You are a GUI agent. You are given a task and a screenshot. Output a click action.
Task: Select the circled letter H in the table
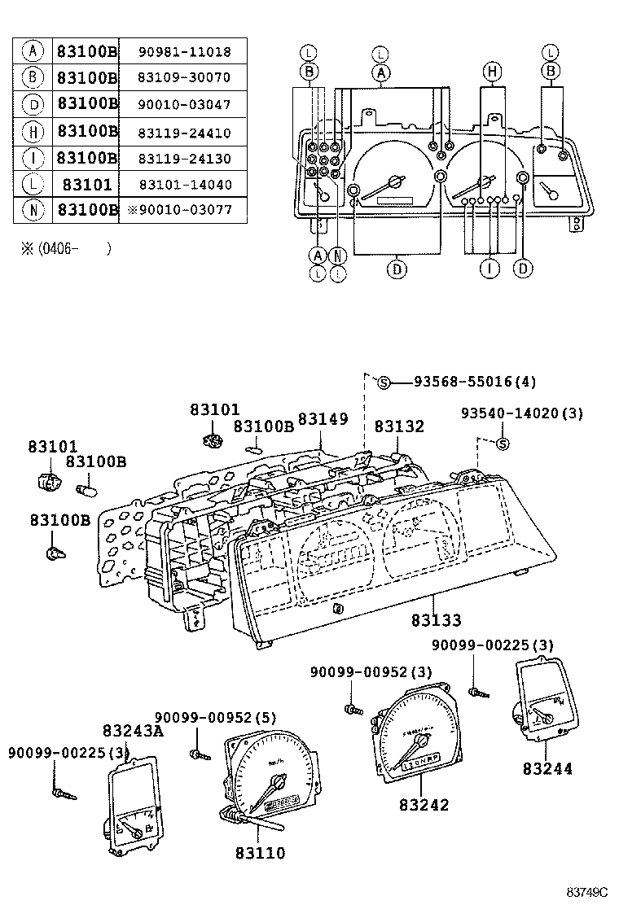pos(33,131)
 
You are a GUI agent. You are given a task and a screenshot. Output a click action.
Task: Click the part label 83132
pos(399,426)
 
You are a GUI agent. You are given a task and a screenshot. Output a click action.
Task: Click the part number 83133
pos(436,621)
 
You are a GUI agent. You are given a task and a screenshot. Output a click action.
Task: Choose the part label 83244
pos(548,768)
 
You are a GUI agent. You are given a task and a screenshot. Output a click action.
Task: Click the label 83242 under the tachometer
pos(424,805)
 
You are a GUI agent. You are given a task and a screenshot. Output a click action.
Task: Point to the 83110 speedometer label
pos(261,853)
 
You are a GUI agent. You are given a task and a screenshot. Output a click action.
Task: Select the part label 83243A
pos(133,731)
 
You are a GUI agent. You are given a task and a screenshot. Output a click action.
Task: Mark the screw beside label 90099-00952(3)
pos(352,709)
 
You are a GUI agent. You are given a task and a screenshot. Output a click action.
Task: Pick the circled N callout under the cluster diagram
pos(338,256)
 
